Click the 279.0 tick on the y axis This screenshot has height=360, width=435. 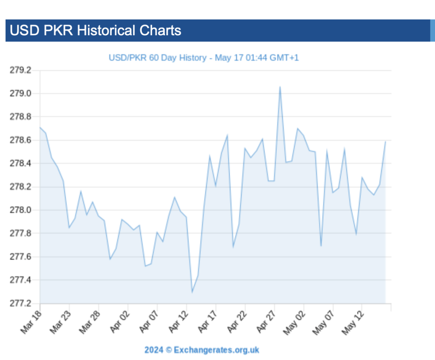click(21, 94)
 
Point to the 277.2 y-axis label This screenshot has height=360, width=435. click(21, 303)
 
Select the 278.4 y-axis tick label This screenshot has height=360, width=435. click(21, 164)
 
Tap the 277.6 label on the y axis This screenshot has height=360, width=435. click(21, 257)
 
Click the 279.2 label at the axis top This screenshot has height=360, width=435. click(21, 70)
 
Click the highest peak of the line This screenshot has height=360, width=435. click(280, 87)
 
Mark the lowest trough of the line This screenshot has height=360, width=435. click(192, 292)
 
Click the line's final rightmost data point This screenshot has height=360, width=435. click(385, 141)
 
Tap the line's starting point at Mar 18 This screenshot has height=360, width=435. click(40, 127)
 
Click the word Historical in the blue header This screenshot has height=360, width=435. click(106, 31)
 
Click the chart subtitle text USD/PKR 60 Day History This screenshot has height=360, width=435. click(157, 58)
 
